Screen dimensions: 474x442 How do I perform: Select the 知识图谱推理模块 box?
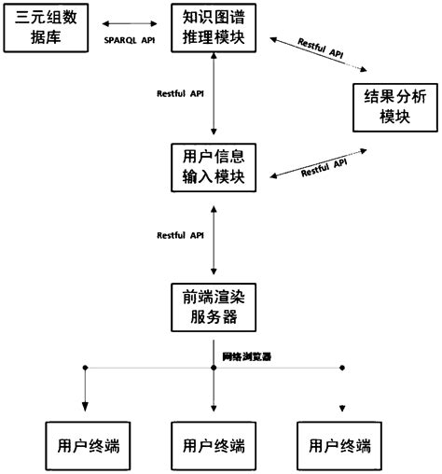(x=215, y=26)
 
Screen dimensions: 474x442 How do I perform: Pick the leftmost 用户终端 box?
(x=86, y=444)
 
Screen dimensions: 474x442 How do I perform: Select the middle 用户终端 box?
(x=215, y=444)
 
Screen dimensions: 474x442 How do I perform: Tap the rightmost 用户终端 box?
(x=340, y=444)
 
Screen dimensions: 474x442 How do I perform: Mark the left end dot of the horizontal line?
(x=86, y=368)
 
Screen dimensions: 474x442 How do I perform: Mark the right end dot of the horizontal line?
(x=340, y=368)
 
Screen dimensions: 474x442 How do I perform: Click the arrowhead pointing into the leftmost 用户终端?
(x=86, y=407)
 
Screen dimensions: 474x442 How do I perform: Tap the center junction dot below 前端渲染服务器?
(x=215, y=368)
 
